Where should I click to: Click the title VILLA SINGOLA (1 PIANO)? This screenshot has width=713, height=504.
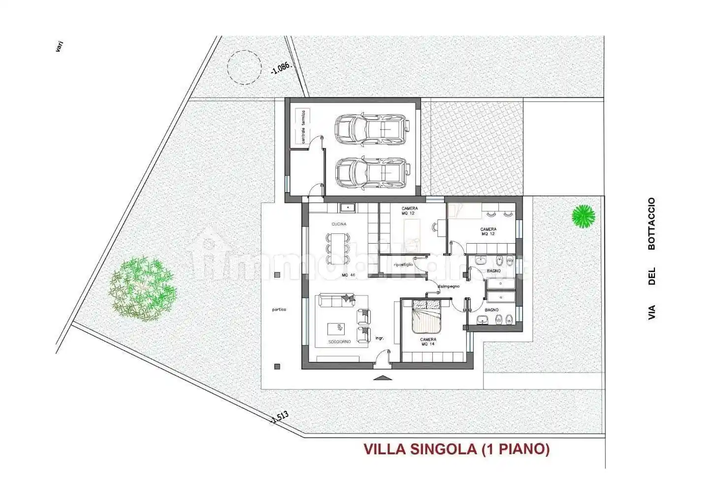[x=456, y=449]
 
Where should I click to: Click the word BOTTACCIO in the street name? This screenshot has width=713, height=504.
[x=651, y=224]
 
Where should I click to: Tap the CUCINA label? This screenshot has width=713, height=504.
[x=339, y=224]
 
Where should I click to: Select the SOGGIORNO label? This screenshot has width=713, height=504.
[x=340, y=342]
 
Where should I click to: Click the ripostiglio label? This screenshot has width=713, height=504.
[x=403, y=264]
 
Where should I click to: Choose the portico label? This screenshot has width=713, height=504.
[x=279, y=310]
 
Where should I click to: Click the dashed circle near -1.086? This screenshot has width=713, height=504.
[x=244, y=66]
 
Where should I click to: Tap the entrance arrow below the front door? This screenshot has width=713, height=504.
[x=382, y=378]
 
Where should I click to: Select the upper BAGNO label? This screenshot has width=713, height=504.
[x=493, y=271]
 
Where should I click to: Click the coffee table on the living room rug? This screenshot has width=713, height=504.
[x=339, y=328]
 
